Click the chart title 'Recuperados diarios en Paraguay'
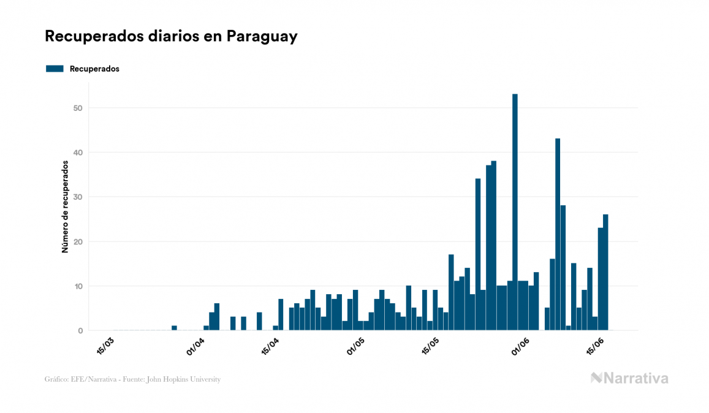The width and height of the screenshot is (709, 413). point(171,36)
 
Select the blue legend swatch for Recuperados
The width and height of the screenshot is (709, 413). point(55,69)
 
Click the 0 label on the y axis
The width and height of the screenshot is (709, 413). point(80,331)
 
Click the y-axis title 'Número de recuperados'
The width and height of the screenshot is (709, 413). point(64,206)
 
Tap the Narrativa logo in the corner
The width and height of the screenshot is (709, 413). point(629,378)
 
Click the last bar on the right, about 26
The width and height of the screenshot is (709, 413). point(605,273)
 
